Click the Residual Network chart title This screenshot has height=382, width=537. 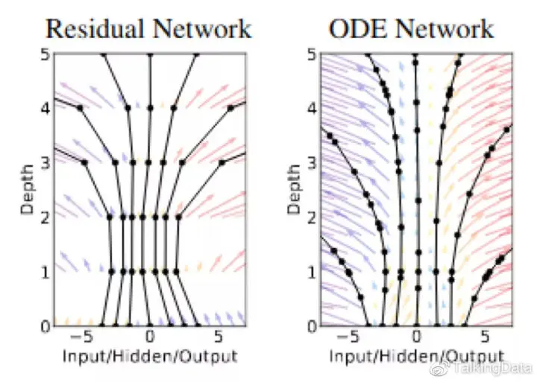pyautogui.click(x=149, y=28)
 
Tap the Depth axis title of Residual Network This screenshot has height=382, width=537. pyautogui.click(x=28, y=190)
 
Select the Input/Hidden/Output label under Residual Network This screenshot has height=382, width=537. pyautogui.click(x=150, y=355)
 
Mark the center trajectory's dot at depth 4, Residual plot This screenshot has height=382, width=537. pyautogui.click(x=150, y=108)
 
